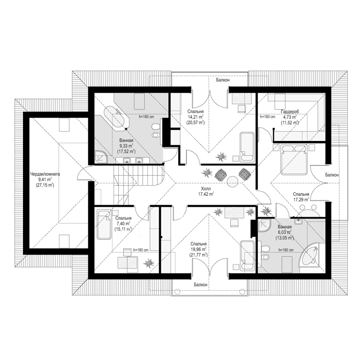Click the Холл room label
click(206, 189)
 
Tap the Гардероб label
click(290, 112)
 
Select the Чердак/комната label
click(45, 174)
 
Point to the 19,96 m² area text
click(198, 249)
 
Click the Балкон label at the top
click(223, 80)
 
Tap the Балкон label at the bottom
click(200, 285)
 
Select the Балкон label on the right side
click(332, 175)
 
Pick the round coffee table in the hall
click(232, 182)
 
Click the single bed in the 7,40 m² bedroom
click(104, 224)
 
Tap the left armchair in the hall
click(221, 174)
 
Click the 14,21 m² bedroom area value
click(195, 117)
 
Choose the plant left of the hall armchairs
click(207, 173)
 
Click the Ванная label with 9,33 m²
click(126, 140)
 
